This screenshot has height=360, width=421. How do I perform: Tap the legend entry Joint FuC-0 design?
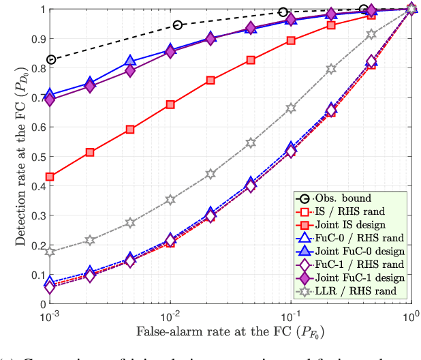pyautogui.click(x=358, y=252)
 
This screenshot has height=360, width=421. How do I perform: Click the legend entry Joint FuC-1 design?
pyautogui.click(x=358, y=277)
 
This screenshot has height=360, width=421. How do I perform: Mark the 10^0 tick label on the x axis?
pyautogui.click(x=410, y=316)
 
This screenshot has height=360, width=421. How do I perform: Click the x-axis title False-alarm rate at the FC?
pyautogui.click(x=230, y=334)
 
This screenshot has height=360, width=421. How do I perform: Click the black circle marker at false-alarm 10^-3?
pyautogui.click(x=50, y=60)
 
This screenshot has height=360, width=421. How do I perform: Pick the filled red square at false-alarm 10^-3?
pyautogui.click(x=50, y=177)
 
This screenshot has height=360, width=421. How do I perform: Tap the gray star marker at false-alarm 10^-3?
pyautogui.click(x=50, y=252)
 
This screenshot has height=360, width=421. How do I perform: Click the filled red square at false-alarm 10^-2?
pyautogui.click(x=170, y=104)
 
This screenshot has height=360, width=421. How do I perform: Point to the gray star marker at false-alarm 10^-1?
pyautogui.click(x=291, y=108)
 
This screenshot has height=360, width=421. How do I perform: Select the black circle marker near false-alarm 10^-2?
pyautogui.click(x=178, y=25)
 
